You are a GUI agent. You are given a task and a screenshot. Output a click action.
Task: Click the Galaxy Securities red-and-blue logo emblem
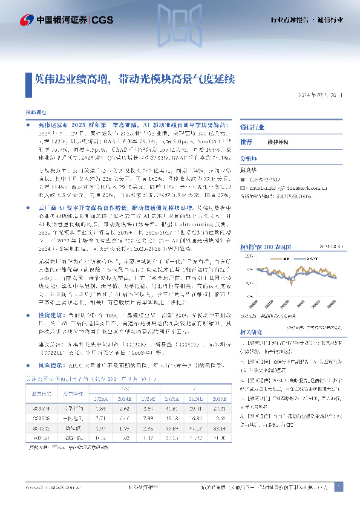(x=25, y=19)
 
